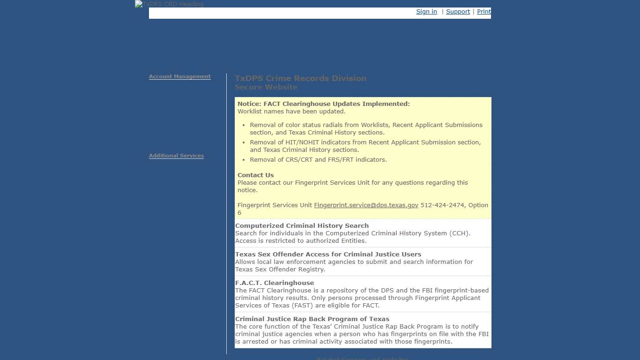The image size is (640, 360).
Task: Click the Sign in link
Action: coord(426,12)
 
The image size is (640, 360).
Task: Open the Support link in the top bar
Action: coord(458,12)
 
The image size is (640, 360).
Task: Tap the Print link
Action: coord(484,12)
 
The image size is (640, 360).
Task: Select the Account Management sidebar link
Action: coord(180,76)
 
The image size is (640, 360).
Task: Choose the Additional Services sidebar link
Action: coord(176,156)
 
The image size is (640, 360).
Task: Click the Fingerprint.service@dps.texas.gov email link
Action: coord(366,205)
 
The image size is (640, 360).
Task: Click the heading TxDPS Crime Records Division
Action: coord(301,78)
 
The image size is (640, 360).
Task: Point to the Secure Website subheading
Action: coord(266,87)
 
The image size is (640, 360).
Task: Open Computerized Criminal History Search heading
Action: coord(302,226)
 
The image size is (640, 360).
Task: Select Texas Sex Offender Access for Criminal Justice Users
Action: coord(328,255)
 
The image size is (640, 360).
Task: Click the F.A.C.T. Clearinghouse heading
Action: coord(275,283)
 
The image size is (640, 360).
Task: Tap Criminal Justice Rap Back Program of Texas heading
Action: coord(312,319)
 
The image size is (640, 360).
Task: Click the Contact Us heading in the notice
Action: coord(256,175)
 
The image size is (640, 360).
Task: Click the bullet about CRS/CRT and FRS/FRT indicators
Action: coord(318,160)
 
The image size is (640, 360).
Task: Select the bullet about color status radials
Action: coord(365,128)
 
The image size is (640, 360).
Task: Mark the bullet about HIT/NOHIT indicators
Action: coord(365,146)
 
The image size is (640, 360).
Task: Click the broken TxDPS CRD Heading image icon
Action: coord(139,4)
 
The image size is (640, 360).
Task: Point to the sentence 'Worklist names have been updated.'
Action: coord(291,112)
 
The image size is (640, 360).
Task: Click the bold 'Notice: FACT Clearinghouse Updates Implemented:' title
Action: coord(323,104)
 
